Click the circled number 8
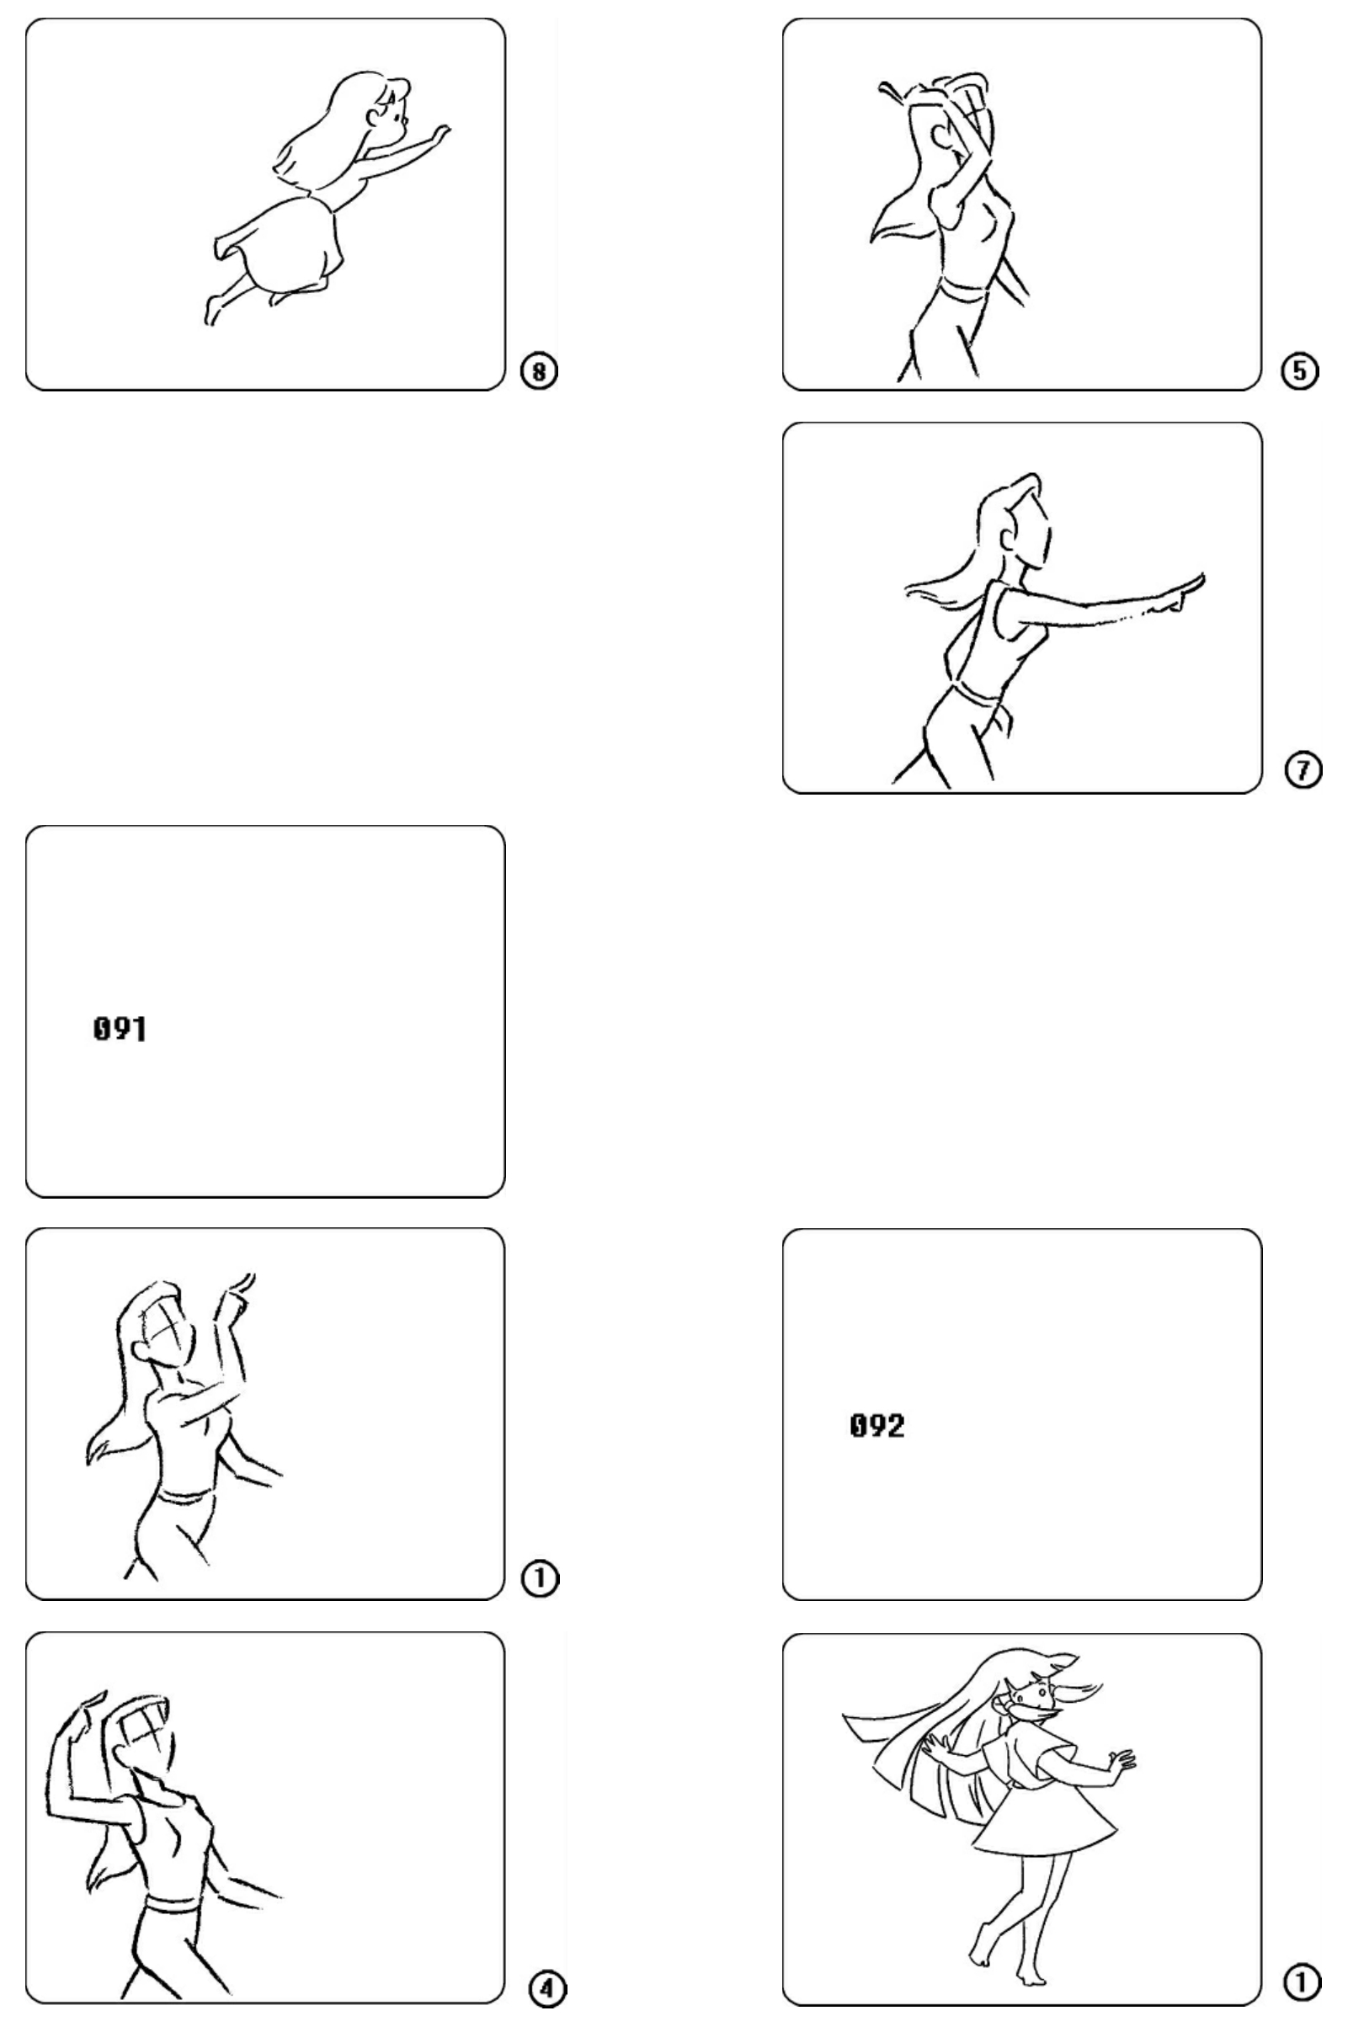pyautogui.click(x=540, y=370)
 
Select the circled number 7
pyautogui.click(x=1303, y=770)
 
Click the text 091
pyautogui.click(x=120, y=1029)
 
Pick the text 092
pyautogui.click(x=876, y=1426)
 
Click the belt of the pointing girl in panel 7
pyautogui.click(x=978, y=690)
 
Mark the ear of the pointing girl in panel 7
pyautogui.click(x=1007, y=538)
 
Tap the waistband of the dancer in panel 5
pyautogui.click(x=965, y=289)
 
